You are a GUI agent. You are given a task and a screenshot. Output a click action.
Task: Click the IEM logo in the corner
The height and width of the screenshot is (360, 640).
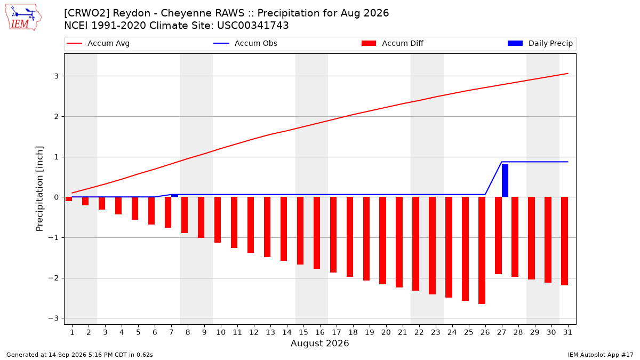[x=23, y=18]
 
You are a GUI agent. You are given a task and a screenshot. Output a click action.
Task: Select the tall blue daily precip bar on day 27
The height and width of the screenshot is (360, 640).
[x=505, y=181]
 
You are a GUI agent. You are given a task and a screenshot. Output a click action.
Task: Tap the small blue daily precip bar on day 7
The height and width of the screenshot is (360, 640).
[x=174, y=196]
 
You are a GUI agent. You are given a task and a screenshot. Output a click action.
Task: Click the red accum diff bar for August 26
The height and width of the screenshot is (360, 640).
[x=482, y=250]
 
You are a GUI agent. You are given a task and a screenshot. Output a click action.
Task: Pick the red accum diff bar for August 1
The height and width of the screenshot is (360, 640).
[x=69, y=199]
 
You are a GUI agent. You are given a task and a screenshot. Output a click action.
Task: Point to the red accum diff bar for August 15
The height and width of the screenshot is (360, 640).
[x=300, y=231]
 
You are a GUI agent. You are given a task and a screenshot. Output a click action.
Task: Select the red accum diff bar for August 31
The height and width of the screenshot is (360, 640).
[x=564, y=241]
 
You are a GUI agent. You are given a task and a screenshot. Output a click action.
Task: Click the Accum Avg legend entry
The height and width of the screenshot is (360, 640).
[x=98, y=43]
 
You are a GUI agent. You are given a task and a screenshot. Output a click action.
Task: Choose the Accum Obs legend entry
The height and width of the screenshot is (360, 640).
[x=245, y=43]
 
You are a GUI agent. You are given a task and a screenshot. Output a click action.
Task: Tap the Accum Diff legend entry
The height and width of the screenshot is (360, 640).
[x=393, y=43]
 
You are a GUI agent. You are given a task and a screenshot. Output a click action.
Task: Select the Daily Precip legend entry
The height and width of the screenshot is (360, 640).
[x=540, y=43]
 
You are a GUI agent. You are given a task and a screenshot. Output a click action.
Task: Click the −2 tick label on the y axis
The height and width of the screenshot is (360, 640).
[x=53, y=278]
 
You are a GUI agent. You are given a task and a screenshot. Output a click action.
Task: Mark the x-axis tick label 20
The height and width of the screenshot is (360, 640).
[x=386, y=332]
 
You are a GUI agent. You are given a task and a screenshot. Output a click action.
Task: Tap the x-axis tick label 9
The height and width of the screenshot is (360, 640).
[x=204, y=332]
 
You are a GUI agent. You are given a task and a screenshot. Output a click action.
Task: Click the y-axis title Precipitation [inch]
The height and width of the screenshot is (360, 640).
[x=39, y=189]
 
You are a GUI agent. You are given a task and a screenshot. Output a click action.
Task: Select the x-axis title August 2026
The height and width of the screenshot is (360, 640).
[x=319, y=343]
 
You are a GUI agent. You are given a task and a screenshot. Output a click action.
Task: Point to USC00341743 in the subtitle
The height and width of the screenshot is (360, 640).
[x=253, y=26]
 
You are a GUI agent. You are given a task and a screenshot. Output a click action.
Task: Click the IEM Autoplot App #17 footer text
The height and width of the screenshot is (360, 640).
[x=601, y=355]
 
